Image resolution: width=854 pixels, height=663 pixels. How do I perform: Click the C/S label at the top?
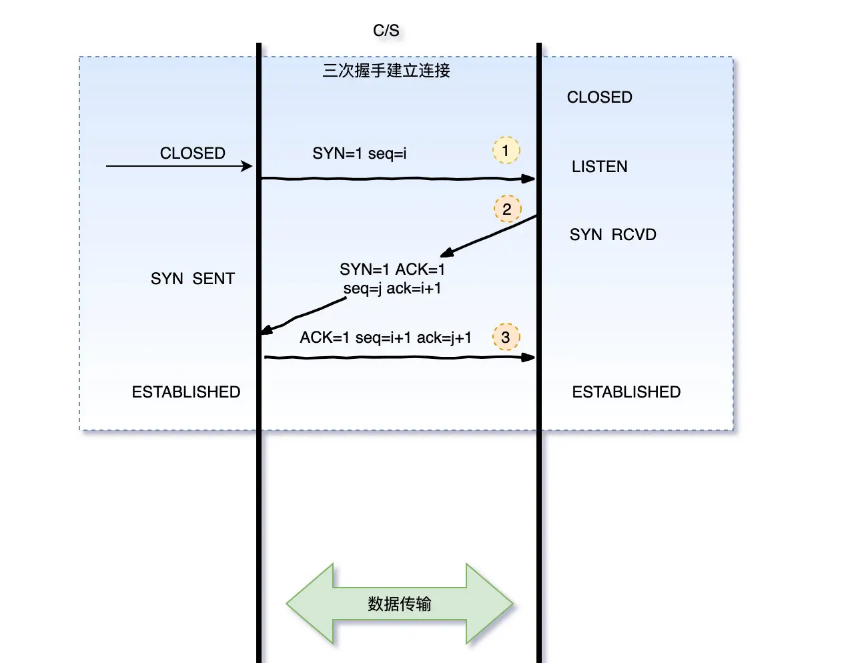click(x=386, y=31)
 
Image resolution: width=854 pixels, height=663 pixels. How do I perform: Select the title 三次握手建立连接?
click(x=386, y=71)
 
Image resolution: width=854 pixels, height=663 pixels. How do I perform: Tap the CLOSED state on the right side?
click(x=599, y=97)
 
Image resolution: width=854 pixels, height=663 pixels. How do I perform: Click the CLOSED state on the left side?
click(x=192, y=153)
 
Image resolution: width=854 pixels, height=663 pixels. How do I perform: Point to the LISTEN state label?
click(x=599, y=167)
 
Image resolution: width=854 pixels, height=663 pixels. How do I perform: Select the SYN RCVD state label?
click(x=612, y=235)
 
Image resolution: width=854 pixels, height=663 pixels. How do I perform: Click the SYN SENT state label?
click(x=192, y=279)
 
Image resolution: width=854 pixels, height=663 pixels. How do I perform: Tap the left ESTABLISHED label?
click(x=185, y=392)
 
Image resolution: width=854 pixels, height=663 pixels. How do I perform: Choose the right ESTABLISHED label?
click(x=626, y=392)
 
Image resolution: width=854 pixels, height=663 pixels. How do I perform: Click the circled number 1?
click(x=506, y=151)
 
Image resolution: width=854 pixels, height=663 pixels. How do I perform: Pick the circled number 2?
click(x=507, y=209)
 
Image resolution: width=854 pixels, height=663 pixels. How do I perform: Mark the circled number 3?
click(x=506, y=338)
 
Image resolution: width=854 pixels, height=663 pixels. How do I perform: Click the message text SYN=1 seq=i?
click(x=359, y=153)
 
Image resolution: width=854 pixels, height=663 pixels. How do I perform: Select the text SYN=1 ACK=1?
click(x=392, y=269)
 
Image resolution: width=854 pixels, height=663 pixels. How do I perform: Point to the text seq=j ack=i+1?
click(x=392, y=288)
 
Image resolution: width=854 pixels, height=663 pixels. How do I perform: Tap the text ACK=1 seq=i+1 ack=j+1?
click(x=385, y=338)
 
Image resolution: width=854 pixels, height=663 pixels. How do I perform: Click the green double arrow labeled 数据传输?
click(x=399, y=604)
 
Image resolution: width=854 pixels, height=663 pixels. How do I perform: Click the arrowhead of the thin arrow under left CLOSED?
click(x=248, y=166)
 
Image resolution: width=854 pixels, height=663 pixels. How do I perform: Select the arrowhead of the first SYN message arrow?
click(x=528, y=179)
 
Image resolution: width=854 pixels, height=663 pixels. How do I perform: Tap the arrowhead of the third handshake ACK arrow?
click(x=528, y=358)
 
